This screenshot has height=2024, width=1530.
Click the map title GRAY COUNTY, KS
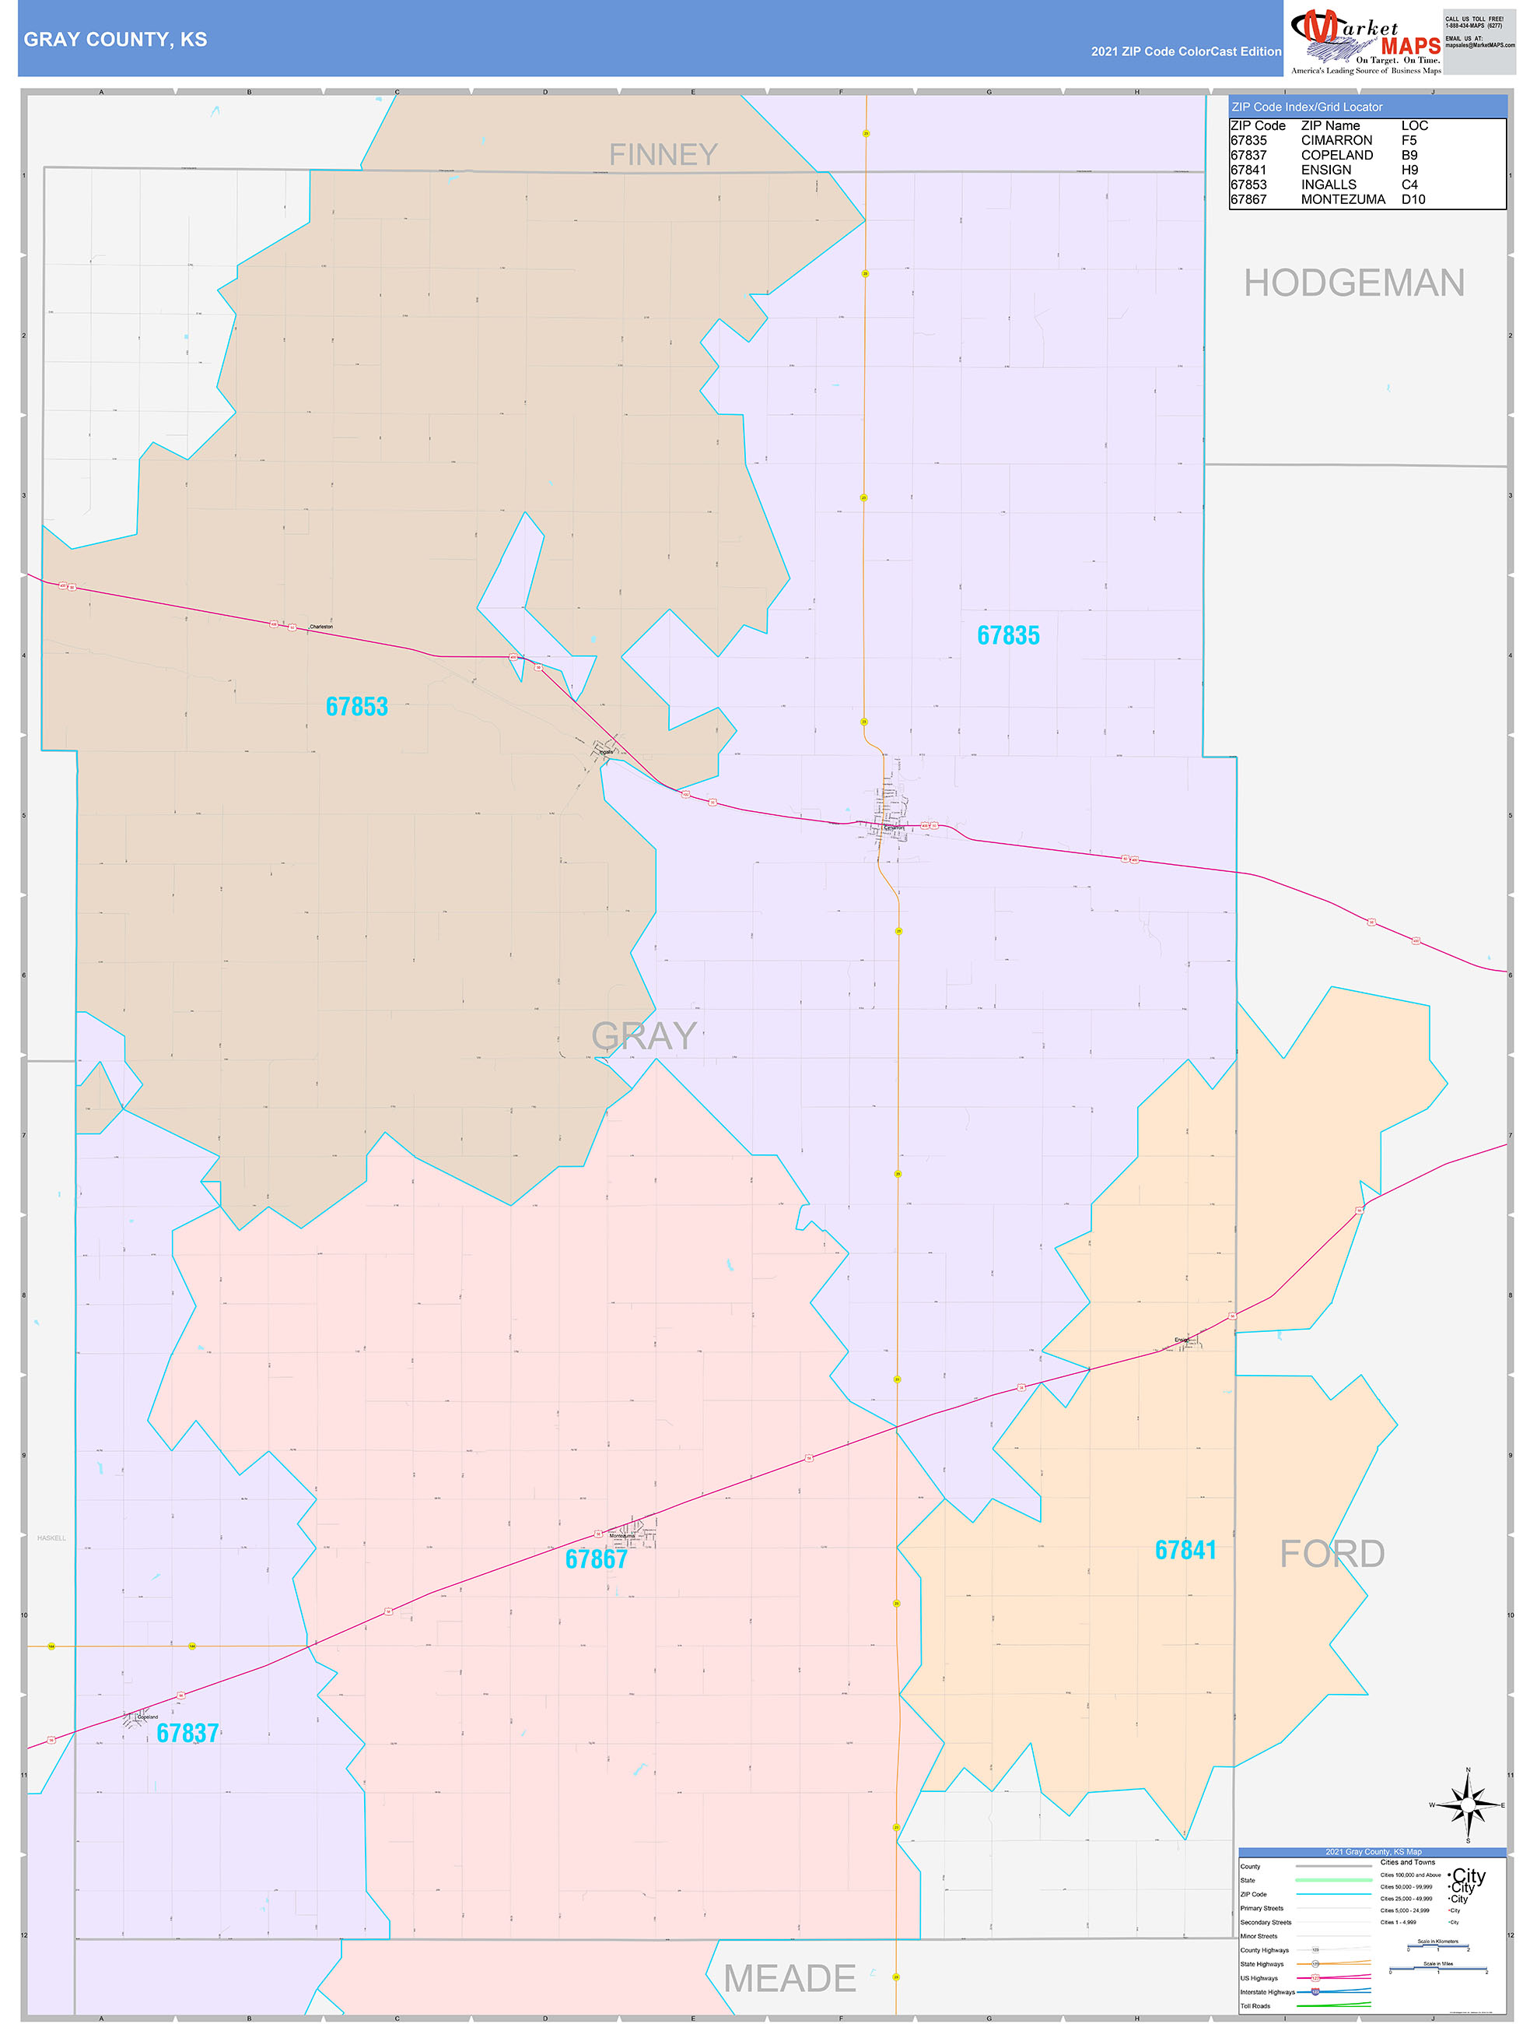(115, 40)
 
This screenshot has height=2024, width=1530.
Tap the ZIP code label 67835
(1008, 636)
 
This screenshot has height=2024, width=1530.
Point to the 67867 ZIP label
(597, 1559)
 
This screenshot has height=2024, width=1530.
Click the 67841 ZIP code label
(1185, 1550)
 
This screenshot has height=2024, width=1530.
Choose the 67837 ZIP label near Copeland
(187, 1733)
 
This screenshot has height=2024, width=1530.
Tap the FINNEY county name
(663, 155)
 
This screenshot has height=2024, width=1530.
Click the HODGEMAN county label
(1353, 283)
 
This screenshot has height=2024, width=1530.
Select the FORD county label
(1332, 1554)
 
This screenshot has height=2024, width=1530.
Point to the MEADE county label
(790, 1978)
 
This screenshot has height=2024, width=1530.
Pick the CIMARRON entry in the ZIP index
(1336, 141)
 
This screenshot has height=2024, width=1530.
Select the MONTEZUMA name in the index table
(1343, 199)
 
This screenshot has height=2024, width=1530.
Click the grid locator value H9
(1409, 170)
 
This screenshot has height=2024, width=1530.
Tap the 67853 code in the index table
(1248, 184)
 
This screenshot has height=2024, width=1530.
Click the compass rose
(1468, 1804)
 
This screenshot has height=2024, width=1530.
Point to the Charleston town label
(321, 627)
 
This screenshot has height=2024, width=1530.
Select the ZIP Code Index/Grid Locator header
(1307, 107)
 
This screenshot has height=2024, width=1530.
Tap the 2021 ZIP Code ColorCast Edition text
(1185, 52)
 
